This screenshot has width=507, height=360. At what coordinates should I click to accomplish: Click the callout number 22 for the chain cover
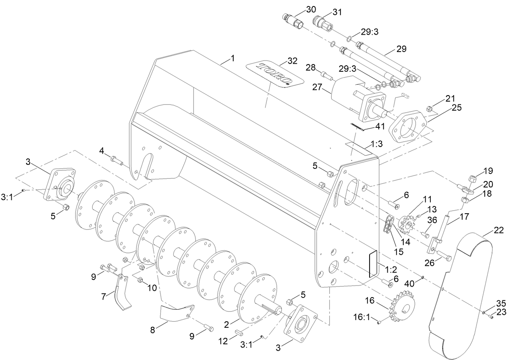[498, 230]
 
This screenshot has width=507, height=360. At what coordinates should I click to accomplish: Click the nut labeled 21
[430, 108]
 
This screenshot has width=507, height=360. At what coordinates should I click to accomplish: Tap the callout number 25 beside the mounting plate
[456, 108]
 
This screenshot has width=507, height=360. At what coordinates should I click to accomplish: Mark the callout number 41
[380, 126]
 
